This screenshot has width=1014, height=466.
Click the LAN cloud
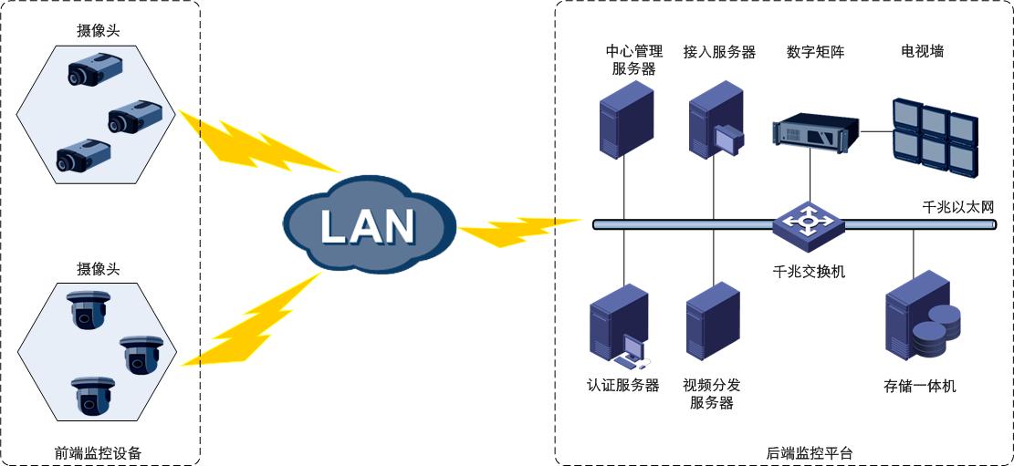point(368,224)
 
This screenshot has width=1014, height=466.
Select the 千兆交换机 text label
point(809,270)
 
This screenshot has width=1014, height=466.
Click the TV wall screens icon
point(935,138)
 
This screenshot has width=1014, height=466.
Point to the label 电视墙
point(922,52)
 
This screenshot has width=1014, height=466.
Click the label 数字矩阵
point(815,52)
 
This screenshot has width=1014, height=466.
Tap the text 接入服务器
point(719,52)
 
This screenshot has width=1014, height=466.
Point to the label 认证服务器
point(622,385)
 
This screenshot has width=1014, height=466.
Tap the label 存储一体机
point(919,386)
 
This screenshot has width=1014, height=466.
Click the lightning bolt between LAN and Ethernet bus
point(516,230)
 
